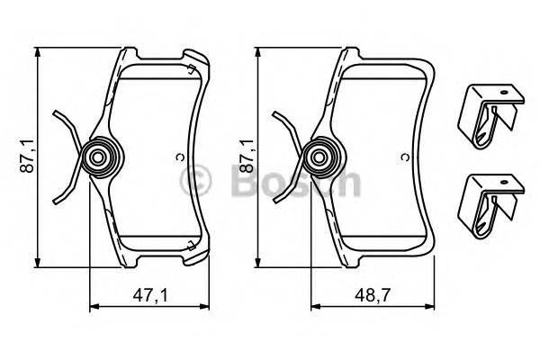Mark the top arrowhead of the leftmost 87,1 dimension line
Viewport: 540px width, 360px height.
38,52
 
